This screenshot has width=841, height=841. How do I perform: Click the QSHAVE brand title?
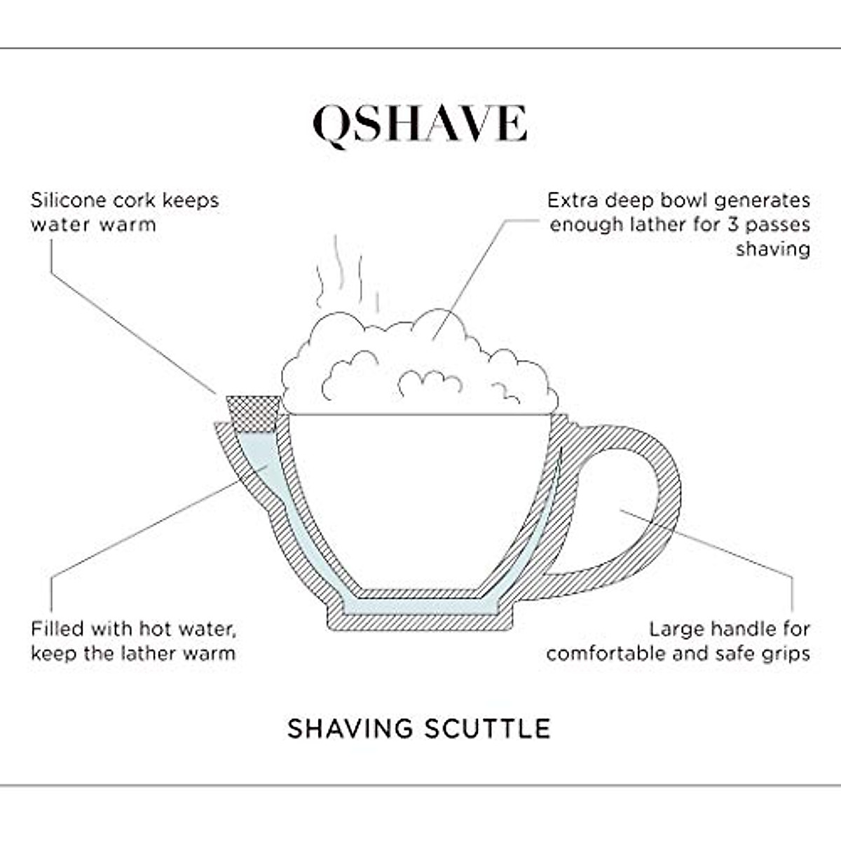coord(419,125)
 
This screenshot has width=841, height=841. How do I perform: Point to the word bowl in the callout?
coord(659,200)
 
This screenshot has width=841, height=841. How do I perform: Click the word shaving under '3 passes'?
coord(773,249)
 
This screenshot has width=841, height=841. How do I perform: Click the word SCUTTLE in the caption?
coord(487,729)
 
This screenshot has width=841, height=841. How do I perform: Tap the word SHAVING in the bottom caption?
coord(350,729)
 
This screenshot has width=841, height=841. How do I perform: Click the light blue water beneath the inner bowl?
coord(420,606)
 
